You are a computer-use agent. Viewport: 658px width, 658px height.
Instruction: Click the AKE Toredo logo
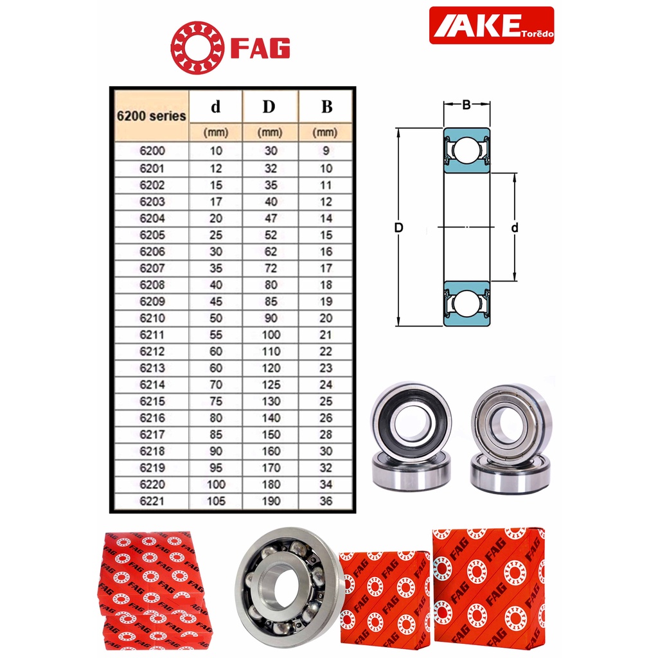[492, 25]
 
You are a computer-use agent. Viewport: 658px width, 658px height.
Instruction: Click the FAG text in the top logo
[261, 48]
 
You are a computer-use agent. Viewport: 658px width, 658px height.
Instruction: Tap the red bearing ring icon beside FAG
[197, 48]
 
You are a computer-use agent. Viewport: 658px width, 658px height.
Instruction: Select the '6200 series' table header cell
[152, 116]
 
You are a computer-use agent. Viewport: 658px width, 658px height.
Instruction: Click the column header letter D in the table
[269, 107]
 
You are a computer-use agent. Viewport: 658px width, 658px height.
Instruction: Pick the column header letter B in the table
[326, 107]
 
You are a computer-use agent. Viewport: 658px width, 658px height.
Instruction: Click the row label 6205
[152, 235]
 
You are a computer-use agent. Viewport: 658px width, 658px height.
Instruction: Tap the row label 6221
[152, 501]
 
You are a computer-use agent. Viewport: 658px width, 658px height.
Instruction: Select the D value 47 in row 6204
[271, 218]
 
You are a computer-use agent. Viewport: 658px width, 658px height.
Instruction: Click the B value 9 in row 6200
[326, 150]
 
